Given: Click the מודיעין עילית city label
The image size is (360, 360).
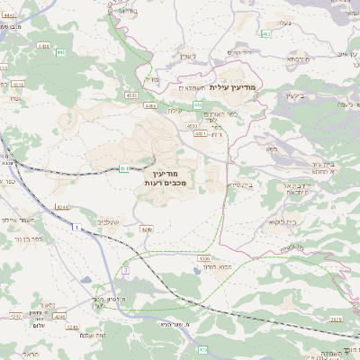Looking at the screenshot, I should (232, 87).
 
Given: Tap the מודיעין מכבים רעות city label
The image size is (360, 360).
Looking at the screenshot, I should (163, 177).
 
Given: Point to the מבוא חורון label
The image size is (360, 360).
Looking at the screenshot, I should (218, 267).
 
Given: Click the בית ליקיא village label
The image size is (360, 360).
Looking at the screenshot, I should (282, 221).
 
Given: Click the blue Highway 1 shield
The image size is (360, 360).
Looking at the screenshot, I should (77, 226).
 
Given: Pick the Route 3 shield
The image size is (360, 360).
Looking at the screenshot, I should (126, 269).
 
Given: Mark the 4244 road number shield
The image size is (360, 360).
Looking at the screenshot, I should (62, 207).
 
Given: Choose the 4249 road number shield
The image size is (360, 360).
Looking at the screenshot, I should (147, 229).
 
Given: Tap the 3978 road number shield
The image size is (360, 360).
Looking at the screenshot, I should (335, 317).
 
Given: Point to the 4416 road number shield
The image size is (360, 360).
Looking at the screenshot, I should (43, 45).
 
